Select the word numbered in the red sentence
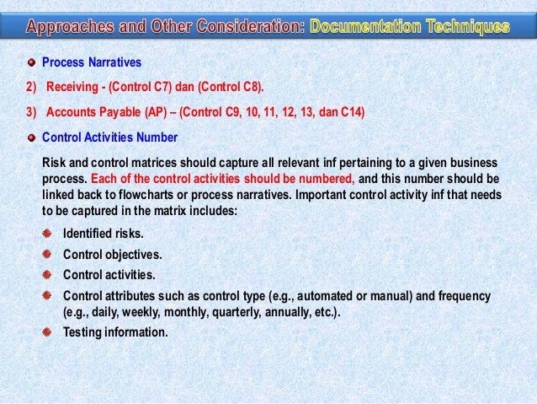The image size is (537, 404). point(329,179)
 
